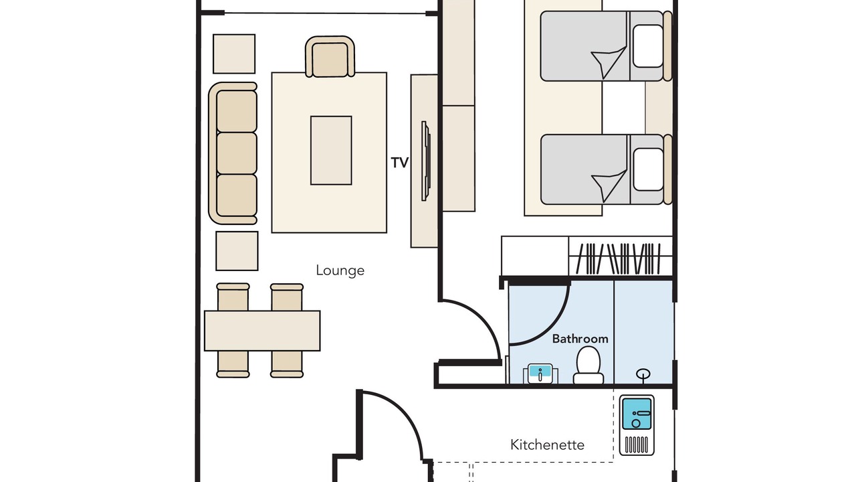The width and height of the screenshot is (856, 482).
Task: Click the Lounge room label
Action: pyautogui.click(x=340, y=270)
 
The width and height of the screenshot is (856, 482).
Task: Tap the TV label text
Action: pyautogui.click(x=400, y=163)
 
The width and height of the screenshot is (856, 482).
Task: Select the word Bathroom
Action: pyautogui.click(x=580, y=339)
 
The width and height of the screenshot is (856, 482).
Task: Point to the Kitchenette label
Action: pyautogui.click(x=547, y=445)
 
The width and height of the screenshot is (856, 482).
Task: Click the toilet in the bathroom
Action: pyautogui.click(x=588, y=365)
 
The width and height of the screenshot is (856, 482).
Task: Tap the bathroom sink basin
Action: pyautogui.click(x=540, y=374)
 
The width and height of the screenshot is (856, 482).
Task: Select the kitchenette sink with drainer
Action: pyautogui.click(x=637, y=425)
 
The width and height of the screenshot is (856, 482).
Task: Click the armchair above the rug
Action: pyautogui.click(x=330, y=57)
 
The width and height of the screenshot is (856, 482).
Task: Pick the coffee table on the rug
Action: pyautogui.click(x=331, y=151)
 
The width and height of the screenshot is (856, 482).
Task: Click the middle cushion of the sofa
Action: pyautogui.click(x=237, y=153)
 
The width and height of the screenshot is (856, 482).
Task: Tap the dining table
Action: pyautogui.click(x=262, y=331)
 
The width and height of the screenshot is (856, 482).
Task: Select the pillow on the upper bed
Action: pyautogui.click(x=648, y=46)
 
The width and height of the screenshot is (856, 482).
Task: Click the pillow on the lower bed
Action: pyautogui.click(x=648, y=169)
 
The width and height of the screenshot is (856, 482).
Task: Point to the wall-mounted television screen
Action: pyautogui.click(x=425, y=161)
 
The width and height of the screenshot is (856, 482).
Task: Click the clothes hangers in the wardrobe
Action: pyautogui.click(x=619, y=259)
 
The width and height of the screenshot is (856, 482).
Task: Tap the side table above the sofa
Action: pyautogui.click(x=234, y=54)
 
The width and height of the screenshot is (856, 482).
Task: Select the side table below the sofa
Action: pyautogui.click(x=237, y=251)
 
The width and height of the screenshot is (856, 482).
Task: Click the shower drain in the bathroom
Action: pyautogui.click(x=643, y=374)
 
